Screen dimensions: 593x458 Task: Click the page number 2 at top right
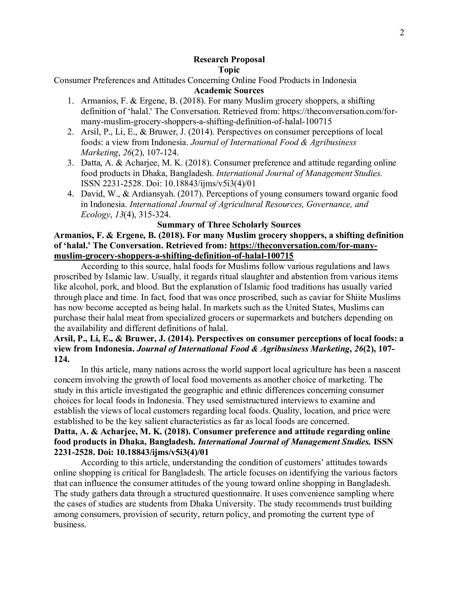402,33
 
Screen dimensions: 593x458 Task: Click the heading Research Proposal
229,60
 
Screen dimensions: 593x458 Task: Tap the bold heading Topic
229,70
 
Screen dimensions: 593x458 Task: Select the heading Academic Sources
229,90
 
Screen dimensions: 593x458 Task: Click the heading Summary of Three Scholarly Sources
229,225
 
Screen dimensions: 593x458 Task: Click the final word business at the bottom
70,525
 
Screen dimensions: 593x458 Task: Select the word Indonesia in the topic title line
339,80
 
